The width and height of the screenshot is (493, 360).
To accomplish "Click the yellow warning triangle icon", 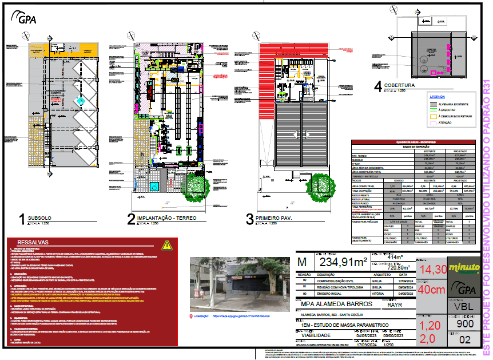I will pos(166,245).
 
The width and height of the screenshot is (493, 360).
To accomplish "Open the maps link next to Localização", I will pos(240,315).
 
